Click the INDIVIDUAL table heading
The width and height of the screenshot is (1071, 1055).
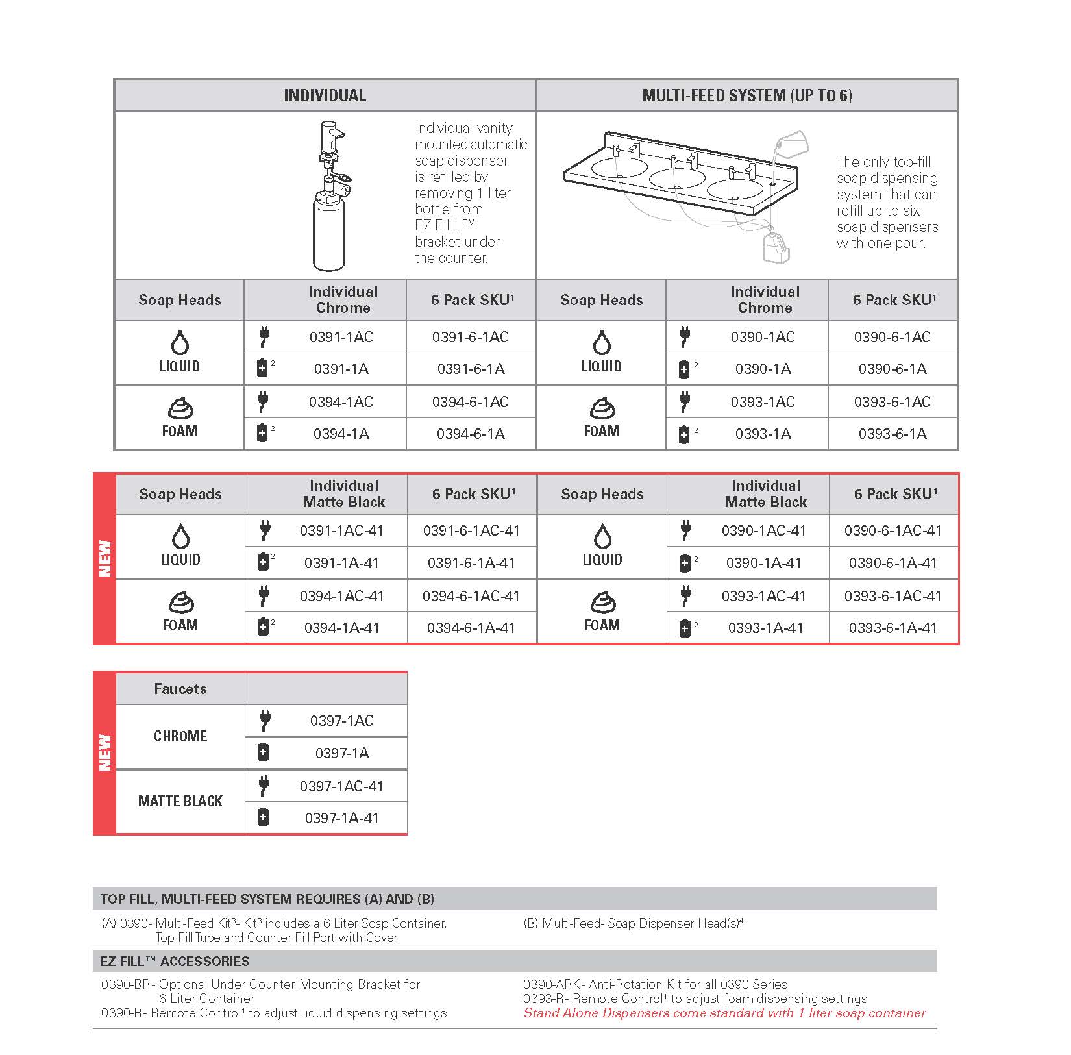(x=325, y=95)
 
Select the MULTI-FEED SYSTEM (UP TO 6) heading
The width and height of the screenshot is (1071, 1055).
(x=747, y=95)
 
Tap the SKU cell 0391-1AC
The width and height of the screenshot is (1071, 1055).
(x=341, y=337)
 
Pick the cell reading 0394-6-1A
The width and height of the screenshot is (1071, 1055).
(x=471, y=434)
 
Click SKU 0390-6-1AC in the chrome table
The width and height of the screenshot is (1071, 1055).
(x=892, y=337)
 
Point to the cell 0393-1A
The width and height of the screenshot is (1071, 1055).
(x=763, y=434)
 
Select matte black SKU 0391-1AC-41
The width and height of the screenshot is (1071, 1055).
(x=341, y=530)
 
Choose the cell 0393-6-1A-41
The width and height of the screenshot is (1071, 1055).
(x=892, y=628)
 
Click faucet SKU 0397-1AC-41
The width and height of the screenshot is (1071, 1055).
(x=341, y=786)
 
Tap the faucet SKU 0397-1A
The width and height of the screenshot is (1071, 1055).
(x=342, y=753)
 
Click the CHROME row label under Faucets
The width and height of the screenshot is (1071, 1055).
(x=180, y=736)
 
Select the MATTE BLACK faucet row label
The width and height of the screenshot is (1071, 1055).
(x=180, y=801)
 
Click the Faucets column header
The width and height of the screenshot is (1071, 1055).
(x=180, y=689)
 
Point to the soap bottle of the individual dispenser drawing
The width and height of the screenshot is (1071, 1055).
(x=328, y=235)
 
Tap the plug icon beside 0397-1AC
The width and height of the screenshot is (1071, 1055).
(x=264, y=720)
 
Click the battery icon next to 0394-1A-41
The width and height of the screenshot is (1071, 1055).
(x=263, y=627)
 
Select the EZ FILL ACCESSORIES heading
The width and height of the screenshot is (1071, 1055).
(x=175, y=962)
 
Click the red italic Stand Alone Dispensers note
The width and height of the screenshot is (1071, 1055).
(x=724, y=1013)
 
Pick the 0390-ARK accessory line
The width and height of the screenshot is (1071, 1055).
(x=655, y=984)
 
